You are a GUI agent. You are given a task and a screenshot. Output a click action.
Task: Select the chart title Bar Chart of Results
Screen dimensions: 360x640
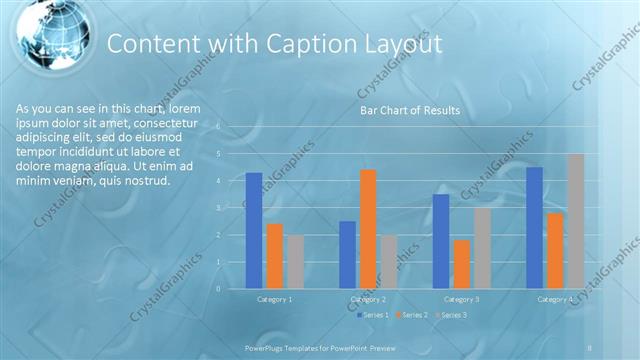coord(410,110)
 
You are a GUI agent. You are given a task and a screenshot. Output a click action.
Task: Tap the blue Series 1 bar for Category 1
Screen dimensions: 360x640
coord(254,231)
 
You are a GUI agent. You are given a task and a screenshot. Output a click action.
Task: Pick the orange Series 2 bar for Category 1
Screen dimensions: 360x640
coord(275,256)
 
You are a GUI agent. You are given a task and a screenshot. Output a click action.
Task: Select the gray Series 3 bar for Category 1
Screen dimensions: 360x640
coord(295,262)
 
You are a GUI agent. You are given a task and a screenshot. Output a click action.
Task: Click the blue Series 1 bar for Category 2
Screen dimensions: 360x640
coord(347,255)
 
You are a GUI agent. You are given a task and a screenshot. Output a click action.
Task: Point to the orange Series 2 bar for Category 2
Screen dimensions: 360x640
coord(368,229)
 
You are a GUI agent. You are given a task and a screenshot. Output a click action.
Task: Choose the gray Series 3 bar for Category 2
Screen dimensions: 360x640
coord(388,262)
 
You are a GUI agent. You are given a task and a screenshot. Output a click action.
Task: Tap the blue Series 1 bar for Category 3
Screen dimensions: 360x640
coord(441,241)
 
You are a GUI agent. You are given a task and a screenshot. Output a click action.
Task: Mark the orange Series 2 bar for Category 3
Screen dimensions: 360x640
coord(461,264)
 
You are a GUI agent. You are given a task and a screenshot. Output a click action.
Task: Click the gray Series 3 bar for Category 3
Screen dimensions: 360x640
coord(482,248)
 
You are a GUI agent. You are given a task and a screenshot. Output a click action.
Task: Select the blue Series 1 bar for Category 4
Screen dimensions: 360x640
coord(534,228)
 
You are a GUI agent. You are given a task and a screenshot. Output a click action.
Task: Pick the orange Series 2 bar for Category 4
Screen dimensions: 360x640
coord(555,251)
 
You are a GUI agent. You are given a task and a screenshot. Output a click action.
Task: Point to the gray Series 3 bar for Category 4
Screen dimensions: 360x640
coord(575,221)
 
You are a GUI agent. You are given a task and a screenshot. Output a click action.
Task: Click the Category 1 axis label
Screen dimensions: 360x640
coord(275,299)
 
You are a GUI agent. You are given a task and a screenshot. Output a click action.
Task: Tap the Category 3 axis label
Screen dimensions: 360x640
coord(461,299)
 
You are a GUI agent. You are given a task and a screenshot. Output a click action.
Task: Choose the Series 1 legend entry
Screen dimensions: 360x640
coord(372,316)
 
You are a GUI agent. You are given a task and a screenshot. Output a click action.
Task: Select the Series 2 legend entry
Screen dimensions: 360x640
coord(412,316)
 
